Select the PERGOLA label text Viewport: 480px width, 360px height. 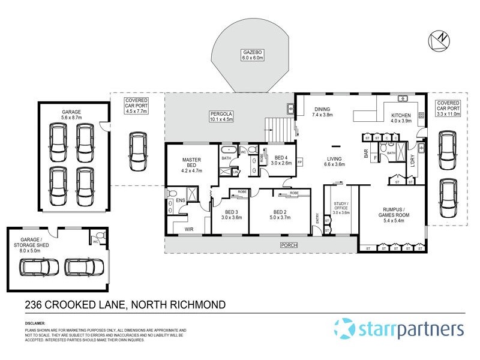(221, 114)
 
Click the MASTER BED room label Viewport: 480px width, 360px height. (192, 161)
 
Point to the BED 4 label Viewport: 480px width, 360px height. (281, 157)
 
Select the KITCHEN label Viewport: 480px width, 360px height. (401, 115)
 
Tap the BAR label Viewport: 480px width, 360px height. (365, 154)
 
